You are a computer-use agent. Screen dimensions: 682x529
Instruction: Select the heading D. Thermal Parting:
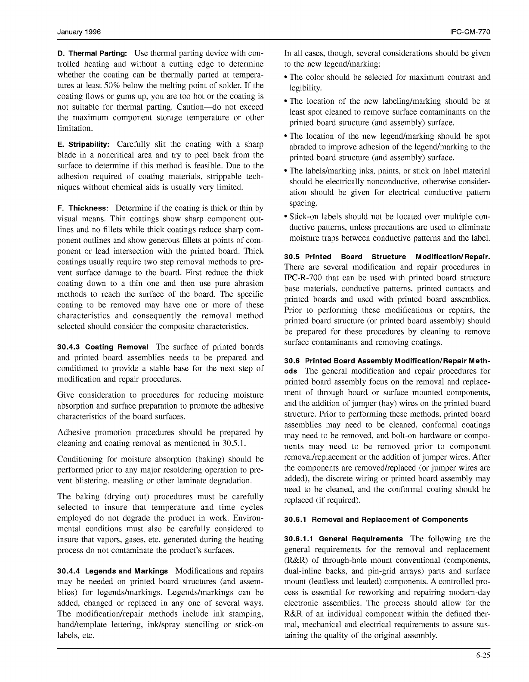tap(92, 54)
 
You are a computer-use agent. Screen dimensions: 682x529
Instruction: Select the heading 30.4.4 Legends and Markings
tap(112, 571)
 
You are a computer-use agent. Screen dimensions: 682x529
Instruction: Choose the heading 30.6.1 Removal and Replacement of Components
tap(376, 519)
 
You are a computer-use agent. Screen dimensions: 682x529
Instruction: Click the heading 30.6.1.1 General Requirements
tap(343, 539)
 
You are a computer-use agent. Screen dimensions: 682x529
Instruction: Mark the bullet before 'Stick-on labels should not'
tap(286, 217)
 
